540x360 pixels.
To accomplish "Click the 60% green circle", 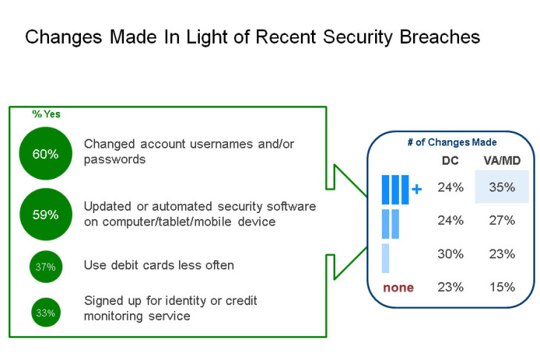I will click(x=45, y=154).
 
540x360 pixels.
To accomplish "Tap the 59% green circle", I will click(x=45, y=215).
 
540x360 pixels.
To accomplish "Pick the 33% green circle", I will click(x=45, y=312).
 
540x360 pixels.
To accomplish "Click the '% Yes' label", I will click(x=45, y=114).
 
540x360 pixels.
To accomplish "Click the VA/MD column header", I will click(x=501, y=160).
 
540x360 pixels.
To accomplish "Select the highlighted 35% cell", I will click(x=501, y=187).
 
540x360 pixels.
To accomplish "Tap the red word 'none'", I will click(x=398, y=287).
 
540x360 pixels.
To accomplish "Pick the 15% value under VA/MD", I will click(x=501, y=287).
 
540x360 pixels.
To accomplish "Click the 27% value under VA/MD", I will click(x=501, y=220).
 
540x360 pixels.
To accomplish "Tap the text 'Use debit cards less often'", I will click(x=159, y=265).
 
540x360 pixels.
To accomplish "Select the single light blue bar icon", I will click(x=386, y=258).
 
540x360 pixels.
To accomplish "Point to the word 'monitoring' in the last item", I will click(x=116, y=316).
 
